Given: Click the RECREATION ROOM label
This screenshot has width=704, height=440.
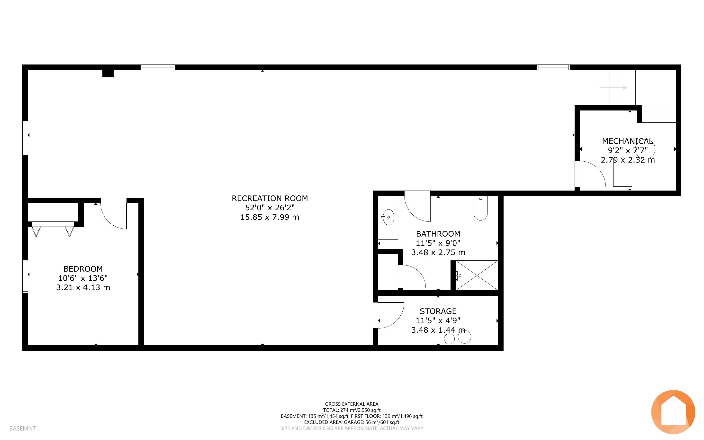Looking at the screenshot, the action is [x=270, y=199].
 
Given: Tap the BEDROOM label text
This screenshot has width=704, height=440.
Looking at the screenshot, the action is [x=83, y=269].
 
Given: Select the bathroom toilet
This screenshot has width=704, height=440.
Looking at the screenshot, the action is [x=480, y=208].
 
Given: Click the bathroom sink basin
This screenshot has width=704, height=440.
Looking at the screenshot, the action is [x=388, y=217].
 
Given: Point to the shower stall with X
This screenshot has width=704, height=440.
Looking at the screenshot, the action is [x=477, y=275].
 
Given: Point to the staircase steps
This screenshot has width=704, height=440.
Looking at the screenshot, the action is [x=618, y=87].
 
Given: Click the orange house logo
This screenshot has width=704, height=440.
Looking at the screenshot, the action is [x=673, y=412].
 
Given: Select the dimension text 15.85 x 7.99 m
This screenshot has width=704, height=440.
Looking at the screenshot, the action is [x=270, y=217].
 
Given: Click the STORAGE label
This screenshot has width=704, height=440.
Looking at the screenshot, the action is [x=438, y=311].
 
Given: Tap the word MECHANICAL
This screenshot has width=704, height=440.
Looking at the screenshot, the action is [x=628, y=141].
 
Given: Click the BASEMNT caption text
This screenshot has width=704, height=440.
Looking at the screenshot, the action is [x=22, y=428].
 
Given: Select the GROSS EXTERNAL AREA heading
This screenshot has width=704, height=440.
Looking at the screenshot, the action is [x=352, y=404].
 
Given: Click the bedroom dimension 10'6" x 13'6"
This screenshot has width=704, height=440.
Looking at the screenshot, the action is [x=83, y=278].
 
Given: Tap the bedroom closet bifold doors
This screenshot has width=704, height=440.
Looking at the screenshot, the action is [x=53, y=229].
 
